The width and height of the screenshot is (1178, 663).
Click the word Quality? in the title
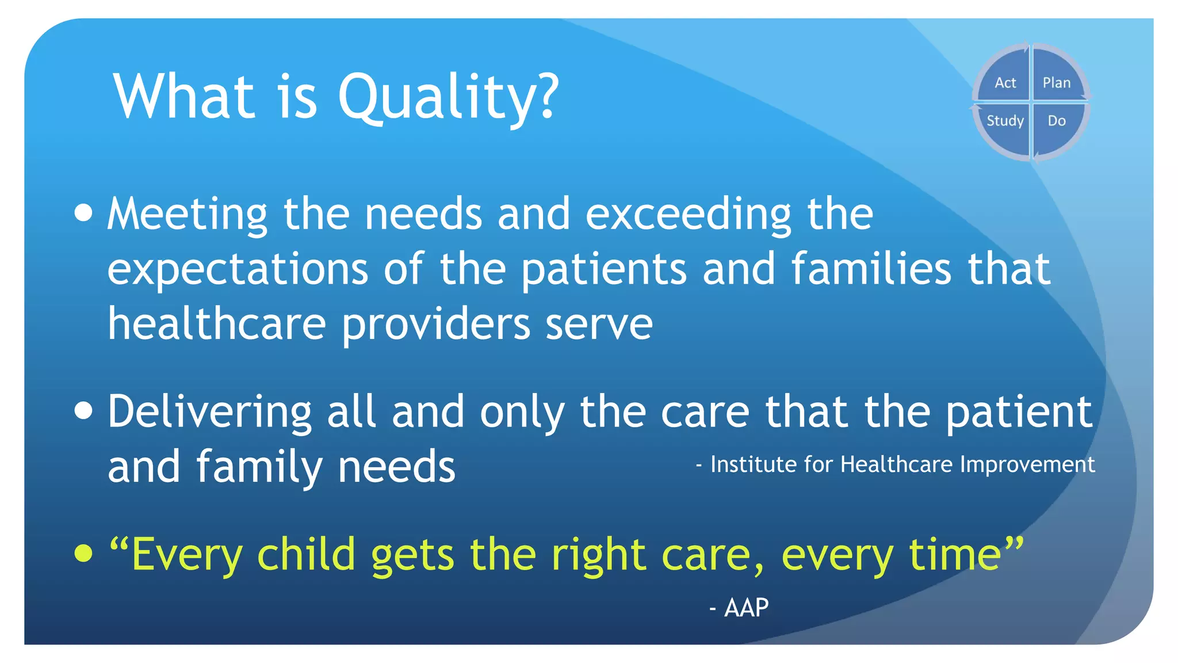pyautogui.click(x=448, y=98)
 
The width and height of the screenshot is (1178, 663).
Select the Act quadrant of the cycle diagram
pyautogui.click(x=1004, y=78)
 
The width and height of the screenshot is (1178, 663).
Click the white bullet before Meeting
pyautogui.click(x=84, y=213)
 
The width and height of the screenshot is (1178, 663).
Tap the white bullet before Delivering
pyautogui.click(x=84, y=411)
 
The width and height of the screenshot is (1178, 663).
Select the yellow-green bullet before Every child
pyautogui.click(x=84, y=553)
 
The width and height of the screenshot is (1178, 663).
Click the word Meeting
pyautogui.click(x=188, y=214)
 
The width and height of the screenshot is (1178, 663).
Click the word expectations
pyautogui.click(x=238, y=270)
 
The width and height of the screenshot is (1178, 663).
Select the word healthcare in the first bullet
pyautogui.click(x=217, y=324)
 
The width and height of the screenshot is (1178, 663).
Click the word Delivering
pyautogui.click(x=210, y=412)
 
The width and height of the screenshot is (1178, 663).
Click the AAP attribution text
pyautogui.click(x=745, y=608)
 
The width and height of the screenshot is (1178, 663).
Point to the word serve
pyautogui.click(x=599, y=324)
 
